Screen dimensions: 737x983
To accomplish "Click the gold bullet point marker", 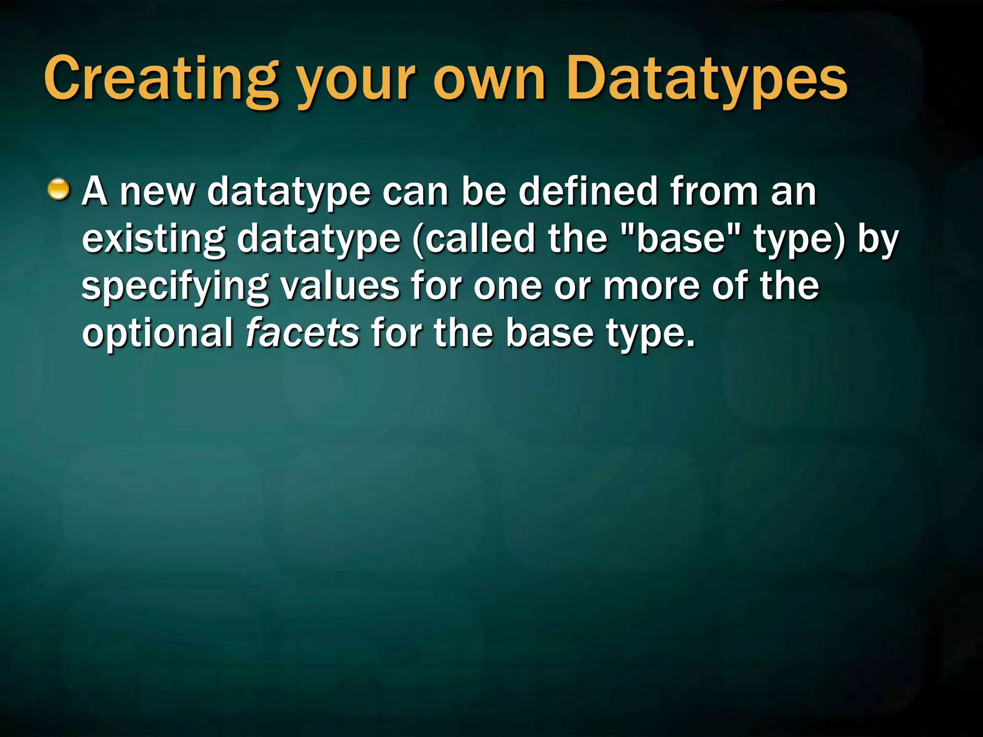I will point(59,190).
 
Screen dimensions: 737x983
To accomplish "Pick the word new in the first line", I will point(157,192).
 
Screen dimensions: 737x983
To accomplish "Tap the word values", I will point(340,286).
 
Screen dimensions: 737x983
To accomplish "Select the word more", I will point(651,287).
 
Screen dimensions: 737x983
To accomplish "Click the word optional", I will point(157,333).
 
